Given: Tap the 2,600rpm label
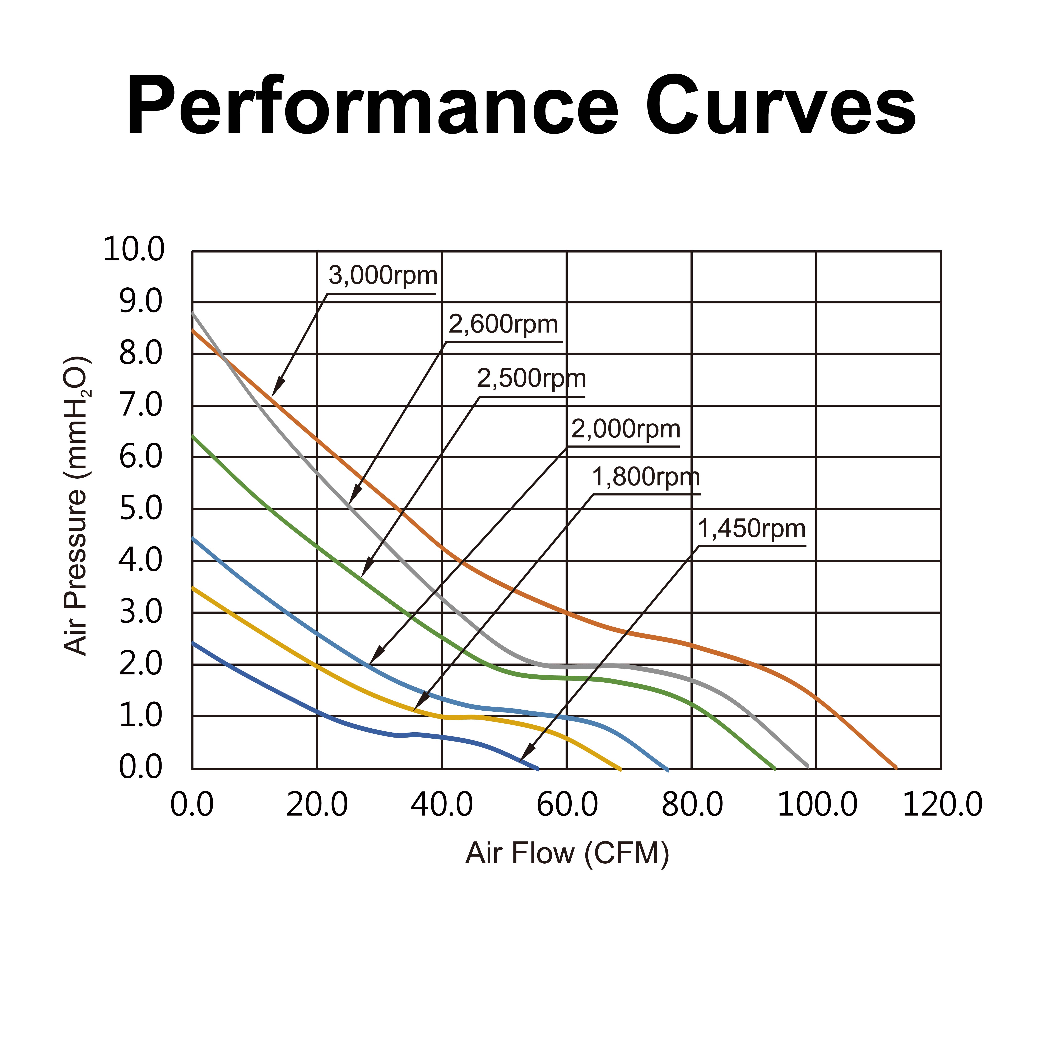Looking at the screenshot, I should tap(503, 325).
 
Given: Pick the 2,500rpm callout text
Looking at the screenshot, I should tap(531, 379).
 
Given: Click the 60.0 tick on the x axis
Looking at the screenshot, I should tap(567, 805).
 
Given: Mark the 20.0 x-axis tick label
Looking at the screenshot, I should tap(317, 805).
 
